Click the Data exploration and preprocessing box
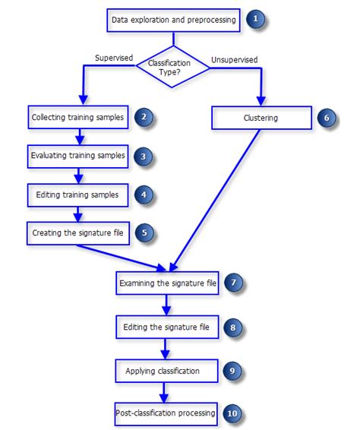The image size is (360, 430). (174, 20)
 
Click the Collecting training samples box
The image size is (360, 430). (78, 119)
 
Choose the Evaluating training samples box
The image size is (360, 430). (78, 156)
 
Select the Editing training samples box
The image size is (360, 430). (78, 194)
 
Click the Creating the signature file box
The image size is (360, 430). (78, 232)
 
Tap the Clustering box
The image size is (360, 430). (262, 119)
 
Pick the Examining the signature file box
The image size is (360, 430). (168, 284)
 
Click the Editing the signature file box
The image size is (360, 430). (168, 327)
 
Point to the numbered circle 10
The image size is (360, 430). (233, 413)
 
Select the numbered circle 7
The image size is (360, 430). (235, 283)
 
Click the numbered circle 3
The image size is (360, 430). (144, 157)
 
